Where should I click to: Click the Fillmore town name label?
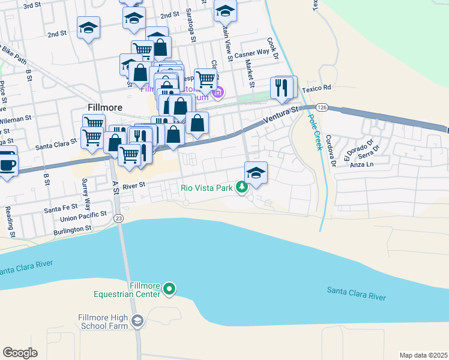(x=105, y=107)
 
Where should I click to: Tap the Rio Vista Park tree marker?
(x=242, y=188)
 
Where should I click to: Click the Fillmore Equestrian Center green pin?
(x=169, y=290)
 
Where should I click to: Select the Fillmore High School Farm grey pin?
(x=137, y=322)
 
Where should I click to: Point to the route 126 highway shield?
(x=322, y=107)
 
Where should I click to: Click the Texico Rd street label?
(x=316, y=88)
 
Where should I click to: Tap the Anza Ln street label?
(x=363, y=164)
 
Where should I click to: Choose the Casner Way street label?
(x=252, y=53)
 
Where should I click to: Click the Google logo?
(x=20, y=353)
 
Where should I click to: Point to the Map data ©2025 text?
(x=423, y=355)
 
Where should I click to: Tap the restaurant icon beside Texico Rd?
(x=283, y=88)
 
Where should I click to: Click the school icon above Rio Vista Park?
(x=256, y=173)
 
